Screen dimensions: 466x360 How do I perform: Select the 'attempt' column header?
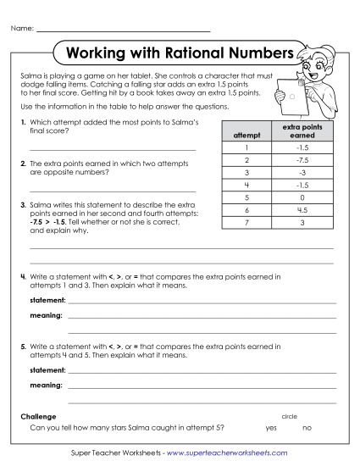pyautogui.click(x=241, y=135)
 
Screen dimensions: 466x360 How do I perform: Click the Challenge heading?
pyautogui.click(x=38, y=417)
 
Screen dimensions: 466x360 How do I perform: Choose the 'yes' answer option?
pyautogui.click(x=271, y=428)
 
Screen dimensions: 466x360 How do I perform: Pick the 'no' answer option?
pyautogui.click(x=307, y=428)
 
